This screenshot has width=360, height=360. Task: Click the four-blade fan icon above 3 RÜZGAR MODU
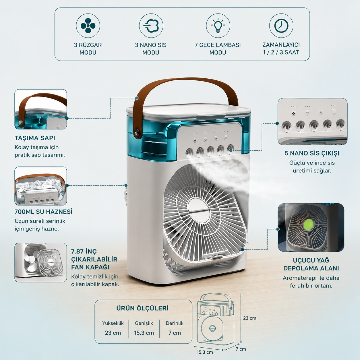(x=88, y=26)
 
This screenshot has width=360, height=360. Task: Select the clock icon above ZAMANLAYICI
(x=281, y=26)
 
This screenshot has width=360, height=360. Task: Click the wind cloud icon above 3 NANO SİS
(x=151, y=26)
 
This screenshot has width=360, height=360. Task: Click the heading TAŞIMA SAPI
(x=35, y=138)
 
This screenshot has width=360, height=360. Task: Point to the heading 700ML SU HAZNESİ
(x=44, y=212)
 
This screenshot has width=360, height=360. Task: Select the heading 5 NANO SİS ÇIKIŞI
(x=312, y=153)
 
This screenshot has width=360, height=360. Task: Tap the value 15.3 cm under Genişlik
(x=144, y=333)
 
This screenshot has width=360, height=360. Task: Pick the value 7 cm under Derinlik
(x=175, y=333)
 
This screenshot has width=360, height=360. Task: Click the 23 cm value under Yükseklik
(x=113, y=333)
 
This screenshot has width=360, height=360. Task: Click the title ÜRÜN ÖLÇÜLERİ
(x=142, y=308)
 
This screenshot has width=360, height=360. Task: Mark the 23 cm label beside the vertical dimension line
(x=249, y=318)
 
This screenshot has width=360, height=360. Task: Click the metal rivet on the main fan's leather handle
(x=136, y=133)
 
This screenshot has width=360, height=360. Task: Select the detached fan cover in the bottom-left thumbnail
(x=51, y=262)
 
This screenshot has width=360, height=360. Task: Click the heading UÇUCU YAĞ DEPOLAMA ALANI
(x=311, y=264)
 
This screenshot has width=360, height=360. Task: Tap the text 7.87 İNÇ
(x=84, y=251)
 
